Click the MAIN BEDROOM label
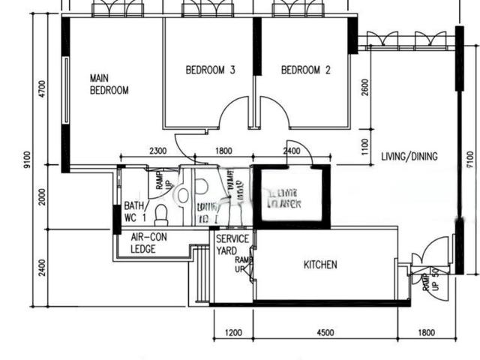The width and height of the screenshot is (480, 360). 109,84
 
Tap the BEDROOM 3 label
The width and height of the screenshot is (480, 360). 211,70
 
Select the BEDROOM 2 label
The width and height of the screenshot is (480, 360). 305,70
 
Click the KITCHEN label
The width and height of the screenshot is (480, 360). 320,265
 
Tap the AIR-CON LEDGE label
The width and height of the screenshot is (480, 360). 148,243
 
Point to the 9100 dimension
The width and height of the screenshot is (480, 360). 27,161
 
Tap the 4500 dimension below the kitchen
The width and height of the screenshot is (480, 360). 325,334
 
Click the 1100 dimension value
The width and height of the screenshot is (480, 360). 364,145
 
